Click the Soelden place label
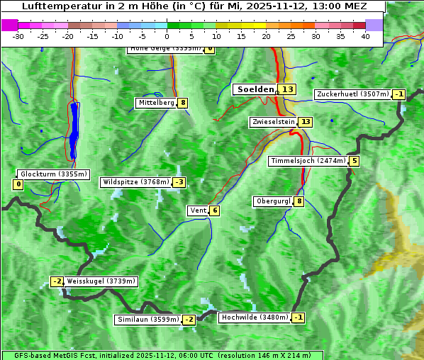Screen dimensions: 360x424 [255, 89]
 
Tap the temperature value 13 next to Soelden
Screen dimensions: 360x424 [286, 89]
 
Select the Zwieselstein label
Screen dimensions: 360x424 [273, 122]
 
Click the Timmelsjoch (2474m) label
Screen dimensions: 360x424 [308, 161]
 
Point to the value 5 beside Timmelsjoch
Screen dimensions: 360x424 [354, 161]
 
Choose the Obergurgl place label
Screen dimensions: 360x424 [273, 201]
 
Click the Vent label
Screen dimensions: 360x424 [198, 210]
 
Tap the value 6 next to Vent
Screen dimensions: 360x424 [214, 210]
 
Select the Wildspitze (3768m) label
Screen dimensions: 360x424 [136, 182]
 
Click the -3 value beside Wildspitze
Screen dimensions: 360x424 [179, 182]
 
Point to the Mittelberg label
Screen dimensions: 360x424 [156, 103]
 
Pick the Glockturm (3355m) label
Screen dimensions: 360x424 [54, 174]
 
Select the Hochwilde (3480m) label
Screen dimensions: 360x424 [254, 317]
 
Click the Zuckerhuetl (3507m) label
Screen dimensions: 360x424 [353, 94]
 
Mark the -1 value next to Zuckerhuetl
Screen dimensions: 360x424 [399, 94]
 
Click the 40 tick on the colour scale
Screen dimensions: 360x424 [365, 36]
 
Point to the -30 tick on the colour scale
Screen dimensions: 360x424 [18, 36]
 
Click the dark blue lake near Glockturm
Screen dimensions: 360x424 [74, 128]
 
